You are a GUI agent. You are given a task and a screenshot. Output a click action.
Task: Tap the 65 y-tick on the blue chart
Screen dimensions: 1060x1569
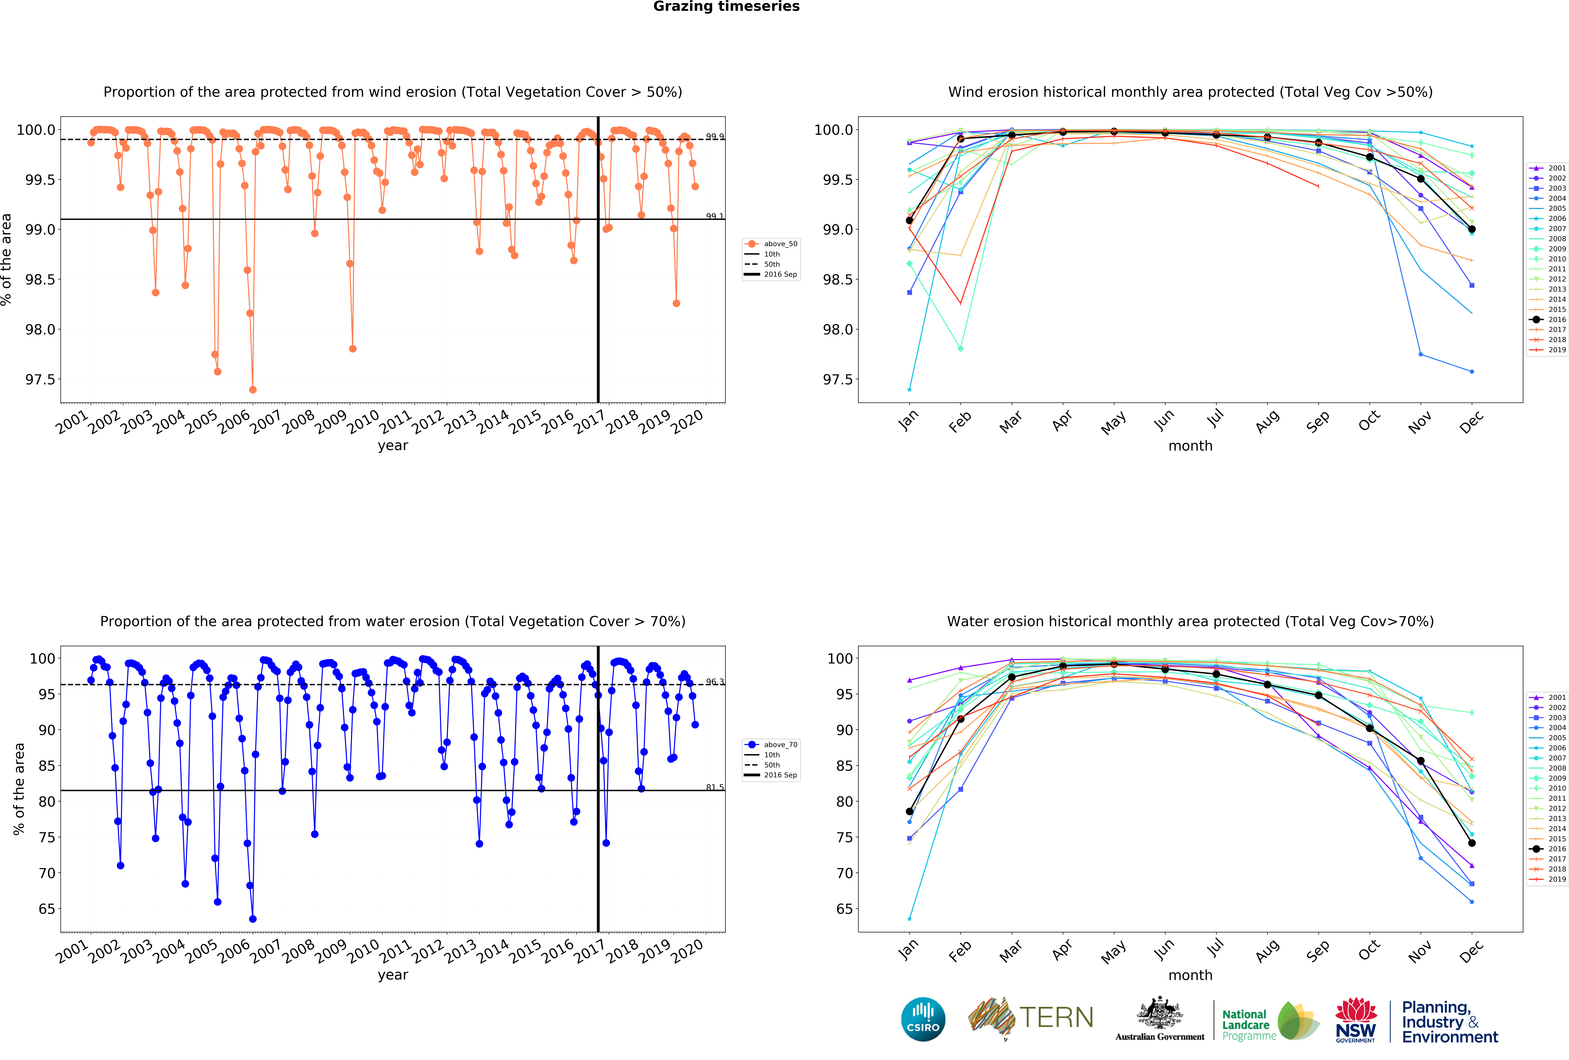pyautogui.click(x=47, y=909)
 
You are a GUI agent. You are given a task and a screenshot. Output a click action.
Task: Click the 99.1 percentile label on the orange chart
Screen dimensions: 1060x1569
pyautogui.click(x=714, y=216)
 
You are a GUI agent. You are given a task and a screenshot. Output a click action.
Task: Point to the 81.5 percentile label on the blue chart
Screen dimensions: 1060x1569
pyautogui.click(x=714, y=787)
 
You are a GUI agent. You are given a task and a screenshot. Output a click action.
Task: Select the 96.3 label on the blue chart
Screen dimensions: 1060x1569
pyautogui.click(x=714, y=682)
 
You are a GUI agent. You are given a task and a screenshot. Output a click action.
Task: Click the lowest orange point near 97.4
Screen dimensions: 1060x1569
pyautogui.click(x=252, y=390)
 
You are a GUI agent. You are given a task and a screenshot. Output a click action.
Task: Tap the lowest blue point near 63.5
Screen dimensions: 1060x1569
pyautogui.click(x=252, y=919)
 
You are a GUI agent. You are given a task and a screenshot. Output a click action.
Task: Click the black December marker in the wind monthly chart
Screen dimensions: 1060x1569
pyautogui.click(x=1472, y=230)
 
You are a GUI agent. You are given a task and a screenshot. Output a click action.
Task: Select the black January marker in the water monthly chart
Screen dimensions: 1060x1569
pyautogui.click(x=909, y=812)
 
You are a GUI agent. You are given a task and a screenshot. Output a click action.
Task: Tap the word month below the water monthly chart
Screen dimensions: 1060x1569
pyautogui.click(x=1190, y=975)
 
